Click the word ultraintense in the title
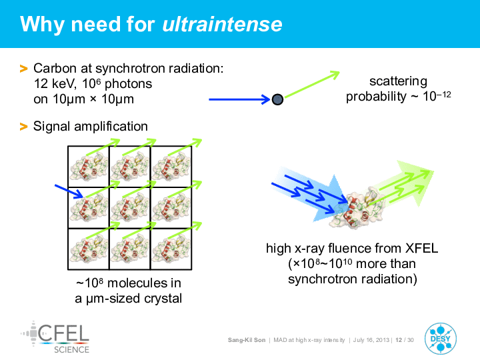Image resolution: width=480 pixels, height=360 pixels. point(222,24)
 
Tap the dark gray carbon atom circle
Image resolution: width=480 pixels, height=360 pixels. point(277,99)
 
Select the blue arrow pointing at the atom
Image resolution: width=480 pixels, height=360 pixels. point(240,99)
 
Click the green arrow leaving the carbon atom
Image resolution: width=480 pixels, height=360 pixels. point(312,85)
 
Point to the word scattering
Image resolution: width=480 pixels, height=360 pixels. point(398,81)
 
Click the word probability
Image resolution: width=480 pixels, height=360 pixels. point(376,97)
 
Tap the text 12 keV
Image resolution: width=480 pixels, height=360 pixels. point(55,83)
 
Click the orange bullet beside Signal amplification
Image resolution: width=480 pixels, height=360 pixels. point(23,127)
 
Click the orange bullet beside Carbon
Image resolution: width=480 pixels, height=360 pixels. point(23,69)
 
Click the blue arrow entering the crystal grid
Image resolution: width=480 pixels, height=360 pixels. point(69,191)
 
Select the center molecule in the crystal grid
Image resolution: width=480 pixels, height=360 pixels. point(130,207)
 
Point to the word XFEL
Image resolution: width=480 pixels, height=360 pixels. point(421,248)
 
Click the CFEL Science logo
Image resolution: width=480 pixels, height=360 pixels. point(55,337)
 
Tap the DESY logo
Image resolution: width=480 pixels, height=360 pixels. point(441,339)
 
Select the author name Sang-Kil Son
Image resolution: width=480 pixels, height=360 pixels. point(247,340)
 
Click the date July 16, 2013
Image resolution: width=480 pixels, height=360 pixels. point(371,340)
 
